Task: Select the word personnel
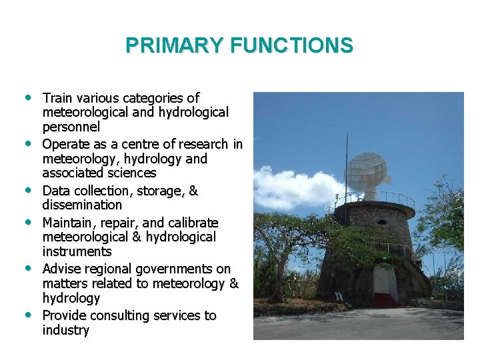(x=71, y=127)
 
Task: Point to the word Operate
(x=67, y=144)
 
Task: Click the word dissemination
(x=82, y=205)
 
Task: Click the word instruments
(x=77, y=251)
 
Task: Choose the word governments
(x=175, y=269)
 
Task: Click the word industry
(x=65, y=330)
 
